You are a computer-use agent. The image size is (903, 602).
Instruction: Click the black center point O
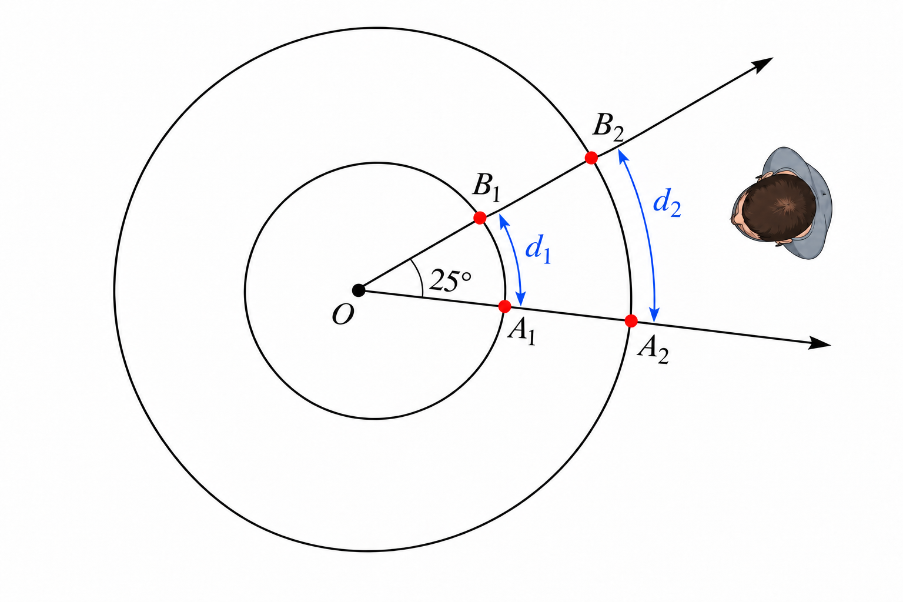[x=359, y=290]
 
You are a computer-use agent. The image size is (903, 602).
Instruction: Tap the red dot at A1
[x=505, y=306]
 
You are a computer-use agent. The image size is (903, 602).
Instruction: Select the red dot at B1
[x=480, y=218]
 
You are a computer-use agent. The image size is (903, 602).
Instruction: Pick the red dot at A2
[x=631, y=321]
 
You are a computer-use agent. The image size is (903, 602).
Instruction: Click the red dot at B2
[x=591, y=158]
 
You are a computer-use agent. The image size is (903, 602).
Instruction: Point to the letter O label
[x=343, y=315]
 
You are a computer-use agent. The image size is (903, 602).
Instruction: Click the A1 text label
[x=521, y=333]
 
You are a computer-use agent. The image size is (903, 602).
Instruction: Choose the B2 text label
[x=608, y=128]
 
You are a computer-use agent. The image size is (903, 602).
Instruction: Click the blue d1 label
[x=538, y=249]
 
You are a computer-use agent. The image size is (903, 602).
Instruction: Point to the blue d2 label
[x=667, y=203]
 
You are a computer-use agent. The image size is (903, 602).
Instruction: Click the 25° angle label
[x=450, y=280]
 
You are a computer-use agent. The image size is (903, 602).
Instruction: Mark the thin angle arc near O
[x=419, y=277]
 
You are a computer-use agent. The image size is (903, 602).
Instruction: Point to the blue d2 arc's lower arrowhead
[x=655, y=315]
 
